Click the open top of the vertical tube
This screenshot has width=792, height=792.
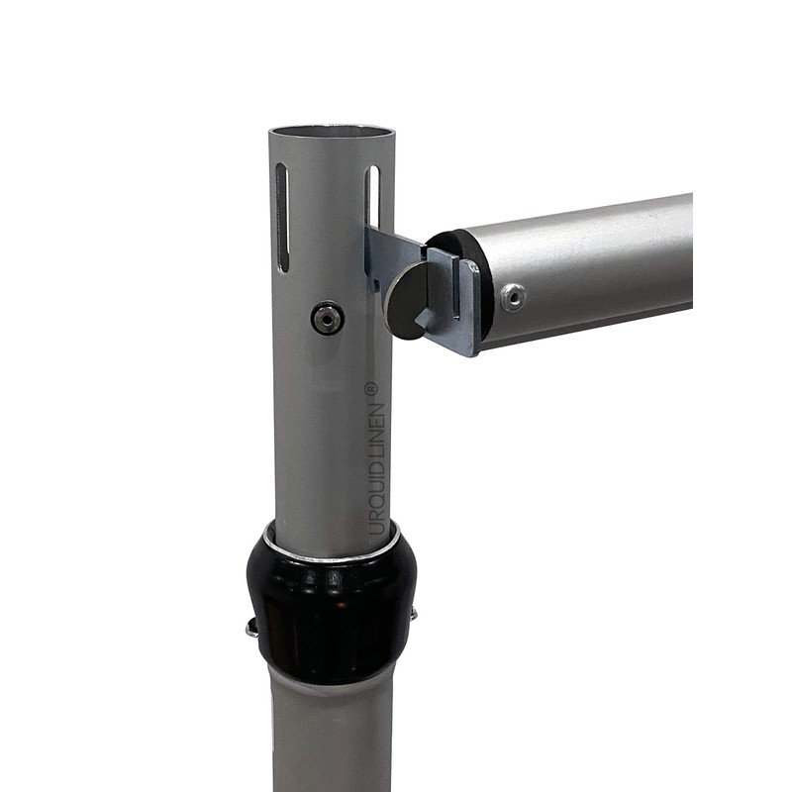pyautogui.click(x=331, y=133)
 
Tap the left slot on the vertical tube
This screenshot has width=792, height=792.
pyautogui.click(x=282, y=217)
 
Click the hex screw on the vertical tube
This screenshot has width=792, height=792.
pyautogui.click(x=327, y=318)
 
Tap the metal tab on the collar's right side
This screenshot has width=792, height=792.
pyautogui.click(x=412, y=616)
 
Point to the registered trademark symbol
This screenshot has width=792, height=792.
pyautogui.click(x=372, y=389)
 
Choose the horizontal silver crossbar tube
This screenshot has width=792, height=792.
pyautogui.click(x=594, y=262)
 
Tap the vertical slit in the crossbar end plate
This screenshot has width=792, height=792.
pyautogui.click(x=456, y=287)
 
